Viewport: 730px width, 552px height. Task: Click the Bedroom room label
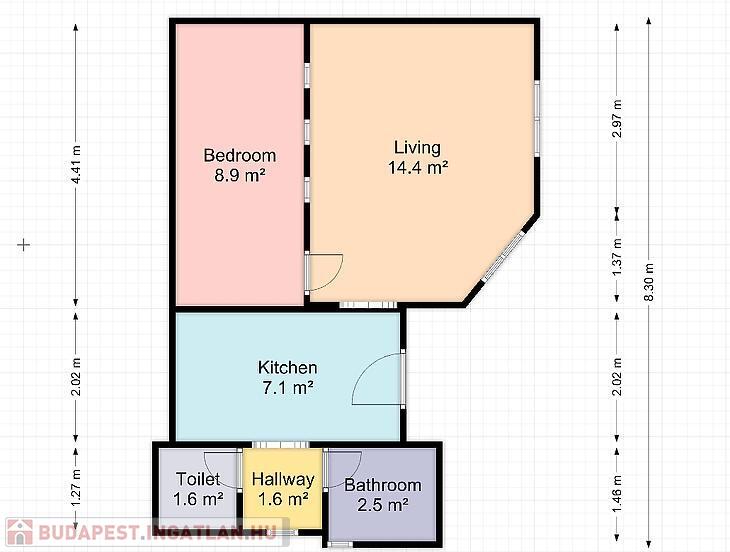240,155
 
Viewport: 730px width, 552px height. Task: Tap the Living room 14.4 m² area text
418,168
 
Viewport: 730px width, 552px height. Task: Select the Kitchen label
288,367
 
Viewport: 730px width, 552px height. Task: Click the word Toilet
198,479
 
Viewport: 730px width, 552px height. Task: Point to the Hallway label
283,479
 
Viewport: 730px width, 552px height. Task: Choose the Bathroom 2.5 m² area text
383,505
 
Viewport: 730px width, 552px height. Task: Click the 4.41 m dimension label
76,165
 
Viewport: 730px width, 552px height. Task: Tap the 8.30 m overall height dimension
649,282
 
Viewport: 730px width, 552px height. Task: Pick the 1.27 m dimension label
76,488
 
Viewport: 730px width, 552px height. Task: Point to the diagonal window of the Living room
503,257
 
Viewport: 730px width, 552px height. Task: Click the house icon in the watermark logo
20,532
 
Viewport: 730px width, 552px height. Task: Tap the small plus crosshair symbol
24,245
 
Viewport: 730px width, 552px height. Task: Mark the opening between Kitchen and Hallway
281,445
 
